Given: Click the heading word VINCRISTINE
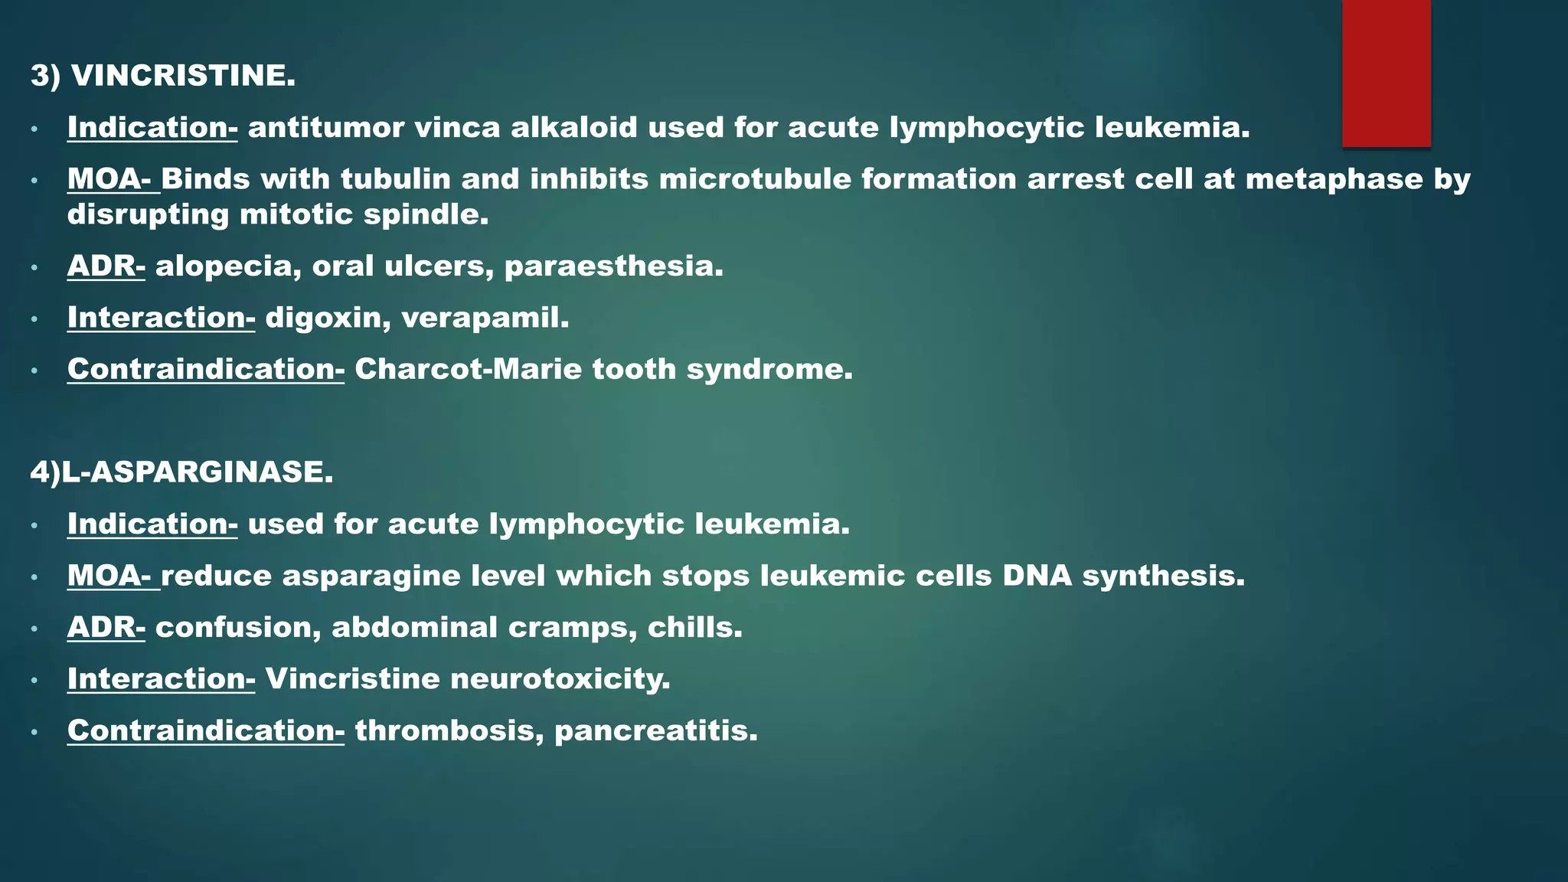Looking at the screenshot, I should [x=183, y=76].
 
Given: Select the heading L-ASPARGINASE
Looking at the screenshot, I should [x=198, y=472].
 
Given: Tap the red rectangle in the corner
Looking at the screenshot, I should [x=1386, y=73].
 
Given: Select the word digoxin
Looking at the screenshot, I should [x=328, y=318].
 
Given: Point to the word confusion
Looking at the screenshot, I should [x=238, y=628].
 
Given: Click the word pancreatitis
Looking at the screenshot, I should [x=655, y=731].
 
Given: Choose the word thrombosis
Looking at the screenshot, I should [x=449, y=731].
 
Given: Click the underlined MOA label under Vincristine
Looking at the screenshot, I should [x=109, y=179].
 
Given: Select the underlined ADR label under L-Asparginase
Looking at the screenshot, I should [x=106, y=628].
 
